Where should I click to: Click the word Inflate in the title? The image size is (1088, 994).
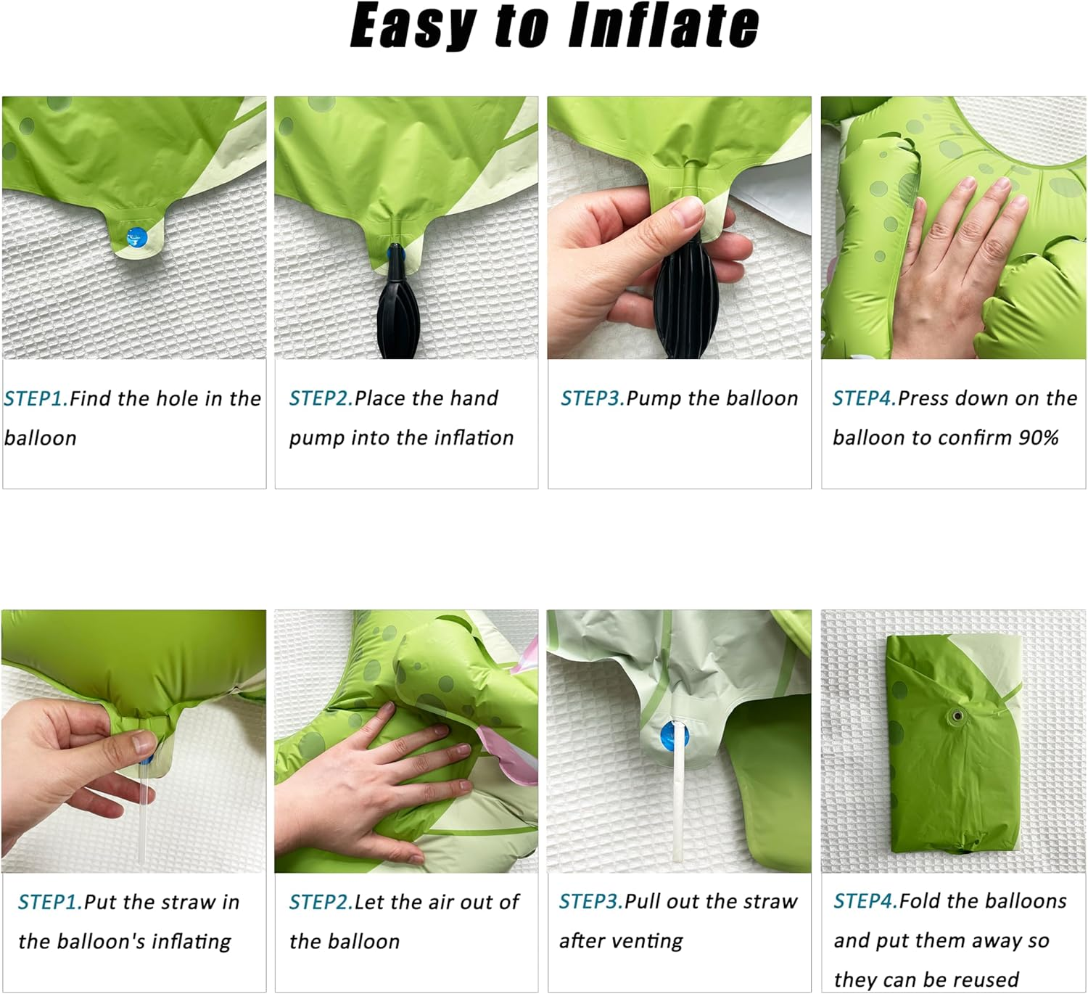tap(664, 25)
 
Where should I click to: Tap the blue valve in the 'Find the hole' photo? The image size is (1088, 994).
tap(136, 237)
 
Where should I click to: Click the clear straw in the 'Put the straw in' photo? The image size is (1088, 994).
tap(144, 808)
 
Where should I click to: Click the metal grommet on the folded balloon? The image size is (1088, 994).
tap(958, 716)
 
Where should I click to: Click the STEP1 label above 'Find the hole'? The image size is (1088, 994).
tap(36, 398)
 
